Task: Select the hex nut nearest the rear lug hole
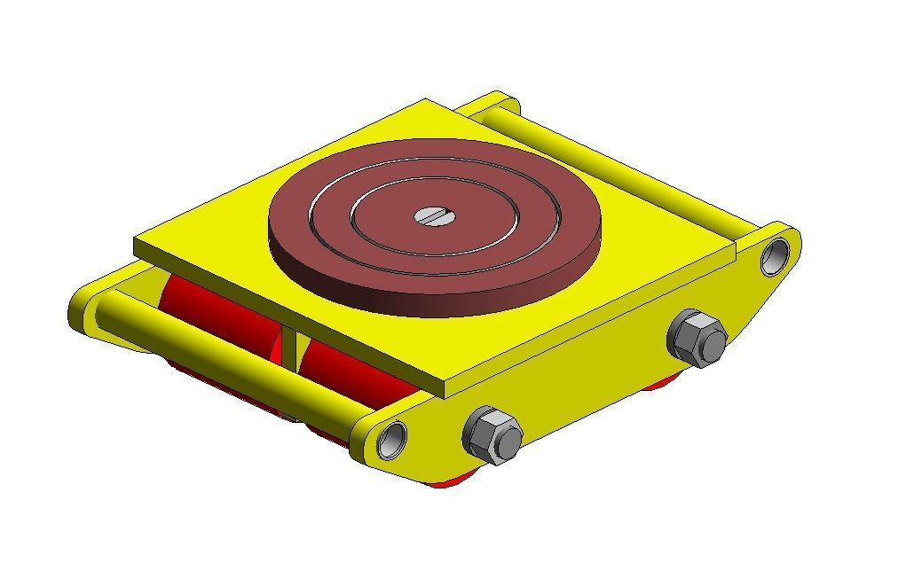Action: [697, 338]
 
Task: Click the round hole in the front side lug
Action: [391, 439]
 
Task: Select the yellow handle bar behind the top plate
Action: [621, 168]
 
